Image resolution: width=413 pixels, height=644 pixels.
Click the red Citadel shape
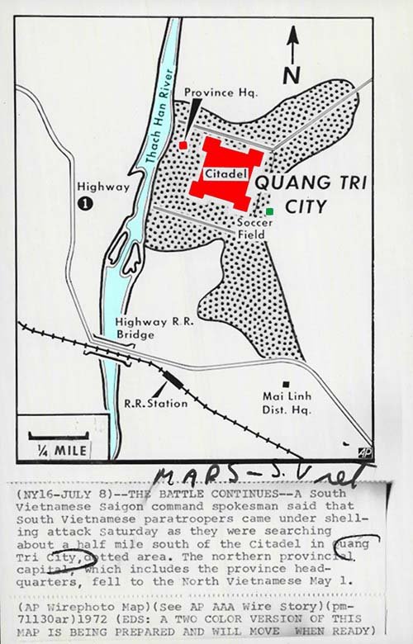coord(221,174)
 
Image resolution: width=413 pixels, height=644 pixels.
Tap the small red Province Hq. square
coord(183,145)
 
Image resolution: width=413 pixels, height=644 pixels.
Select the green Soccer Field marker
coord(269,211)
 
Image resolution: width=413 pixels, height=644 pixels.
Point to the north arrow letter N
coord(292,75)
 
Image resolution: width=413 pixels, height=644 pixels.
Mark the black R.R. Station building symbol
coord(173,380)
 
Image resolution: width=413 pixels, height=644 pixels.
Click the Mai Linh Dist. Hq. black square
coord(286,384)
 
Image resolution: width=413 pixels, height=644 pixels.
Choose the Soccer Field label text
coord(249,229)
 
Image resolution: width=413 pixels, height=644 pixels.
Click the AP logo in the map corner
coord(364,452)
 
